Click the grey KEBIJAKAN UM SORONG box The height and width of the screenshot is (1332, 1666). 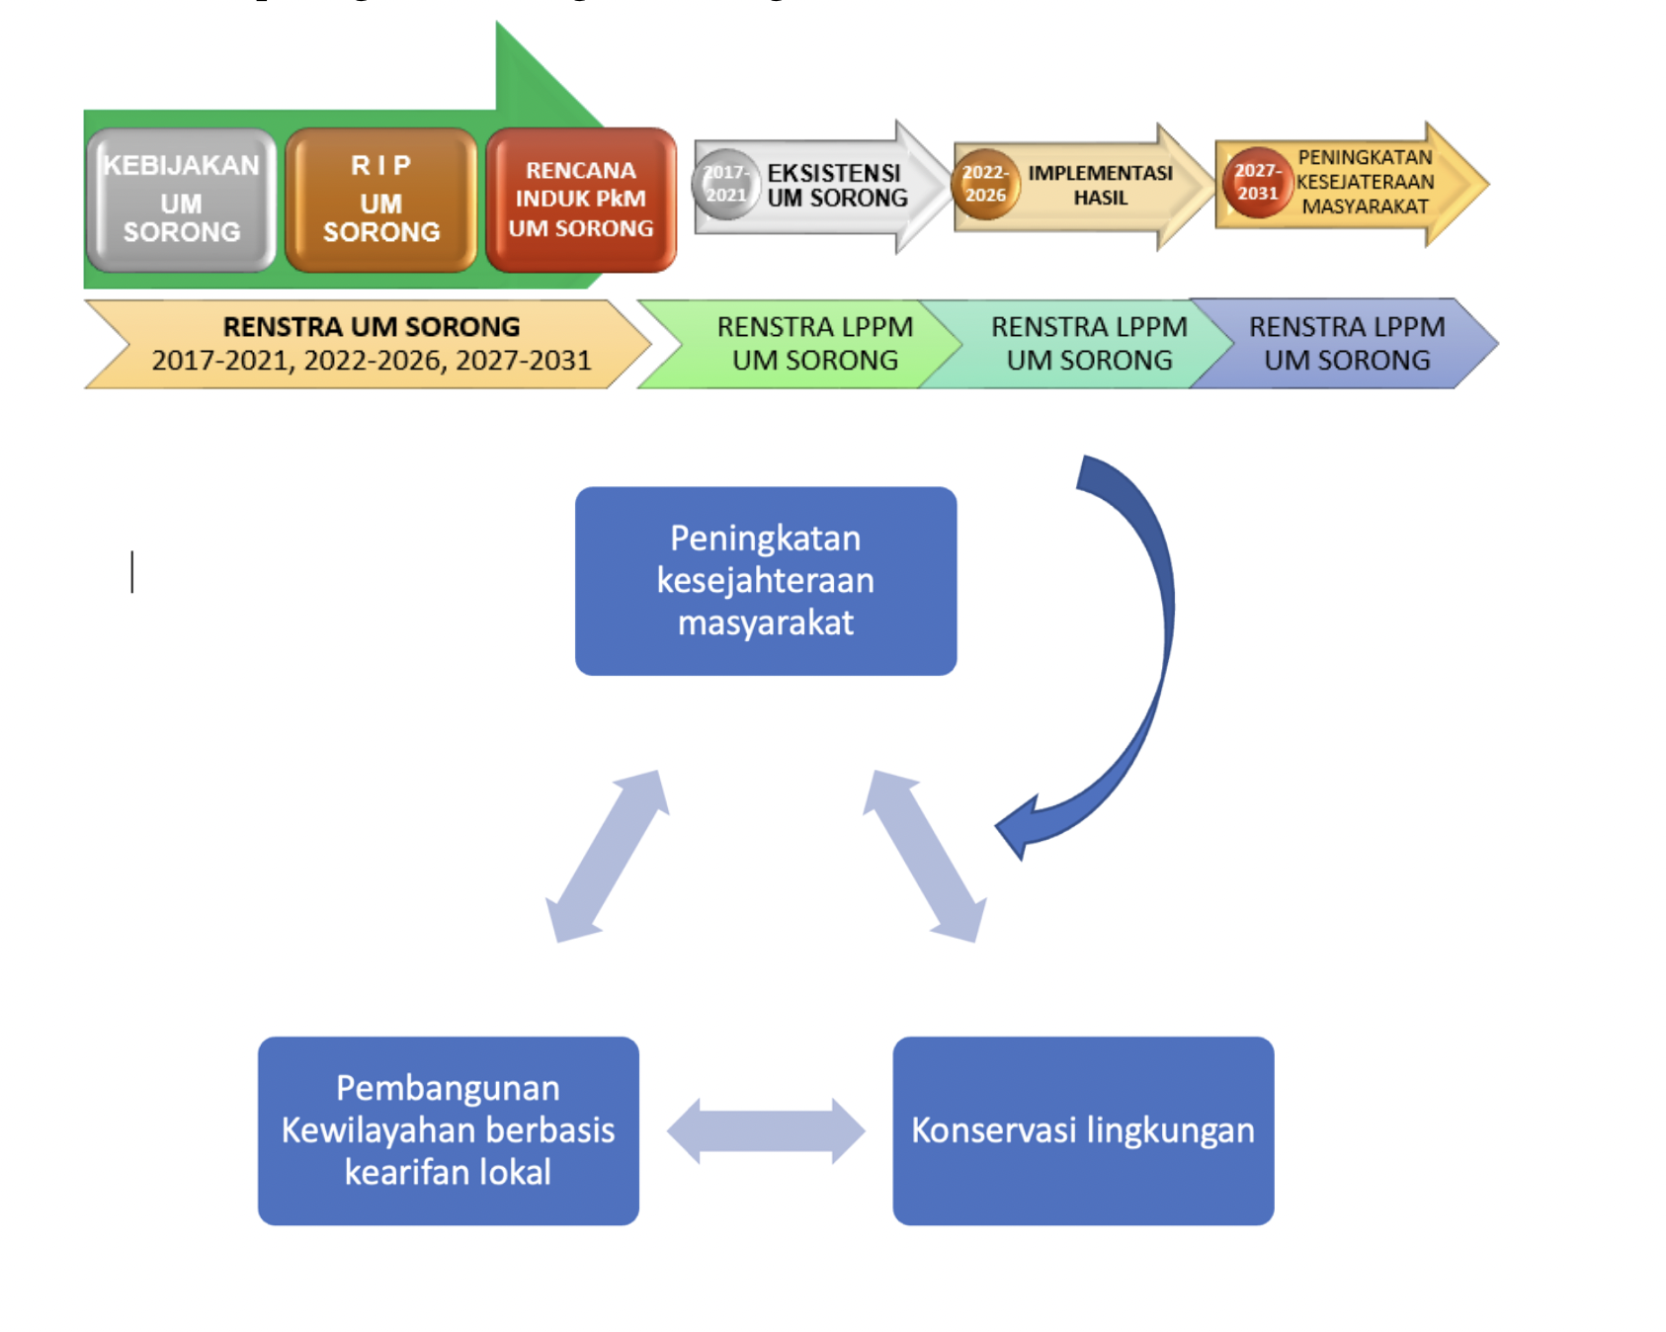(x=181, y=200)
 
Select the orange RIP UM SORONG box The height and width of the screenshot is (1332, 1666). (x=381, y=200)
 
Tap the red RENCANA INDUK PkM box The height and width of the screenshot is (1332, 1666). (x=581, y=200)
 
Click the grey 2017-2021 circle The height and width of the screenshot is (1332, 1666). (x=726, y=184)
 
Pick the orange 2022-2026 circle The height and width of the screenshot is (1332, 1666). (x=985, y=184)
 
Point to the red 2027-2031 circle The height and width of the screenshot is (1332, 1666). (x=1257, y=183)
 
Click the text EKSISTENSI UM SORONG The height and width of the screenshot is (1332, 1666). (x=836, y=186)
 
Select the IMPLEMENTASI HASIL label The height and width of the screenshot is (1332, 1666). (x=1100, y=186)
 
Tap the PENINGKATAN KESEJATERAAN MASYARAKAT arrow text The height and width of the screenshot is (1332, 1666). (x=1365, y=183)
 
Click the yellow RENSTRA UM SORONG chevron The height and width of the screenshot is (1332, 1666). (x=371, y=344)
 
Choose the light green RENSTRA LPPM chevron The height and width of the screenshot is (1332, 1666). (x=814, y=344)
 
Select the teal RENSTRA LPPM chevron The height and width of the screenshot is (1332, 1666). (x=1088, y=344)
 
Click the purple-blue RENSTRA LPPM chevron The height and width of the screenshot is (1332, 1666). (x=1347, y=344)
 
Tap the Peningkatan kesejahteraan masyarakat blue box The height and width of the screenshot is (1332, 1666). (x=766, y=581)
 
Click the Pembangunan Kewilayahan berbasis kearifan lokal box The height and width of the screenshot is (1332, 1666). (x=449, y=1130)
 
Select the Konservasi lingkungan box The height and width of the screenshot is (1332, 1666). (x=1083, y=1130)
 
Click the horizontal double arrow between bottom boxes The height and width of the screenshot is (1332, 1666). (x=766, y=1130)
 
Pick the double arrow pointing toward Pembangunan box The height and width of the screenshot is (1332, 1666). (x=608, y=856)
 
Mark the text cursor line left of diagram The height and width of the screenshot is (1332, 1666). (x=132, y=572)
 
